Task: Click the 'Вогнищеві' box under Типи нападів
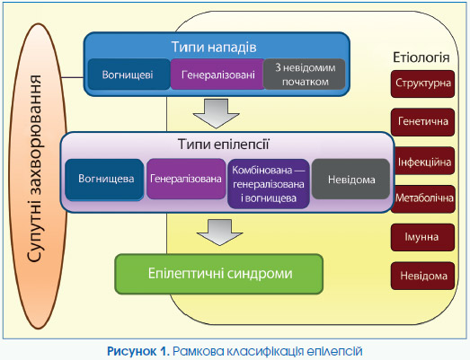[129, 75]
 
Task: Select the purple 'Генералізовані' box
[217, 75]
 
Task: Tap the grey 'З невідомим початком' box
[305, 75]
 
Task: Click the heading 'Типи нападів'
[214, 47]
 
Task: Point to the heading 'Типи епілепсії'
[224, 144]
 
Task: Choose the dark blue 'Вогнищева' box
[104, 179]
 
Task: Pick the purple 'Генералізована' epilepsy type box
[186, 179]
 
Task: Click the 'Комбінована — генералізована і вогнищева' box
[269, 184]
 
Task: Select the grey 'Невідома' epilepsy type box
[351, 179]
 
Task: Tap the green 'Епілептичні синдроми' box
[219, 274]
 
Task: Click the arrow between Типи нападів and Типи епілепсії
[216, 113]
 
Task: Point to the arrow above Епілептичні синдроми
[219, 233]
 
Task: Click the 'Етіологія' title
[421, 57]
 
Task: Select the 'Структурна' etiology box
[423, 83]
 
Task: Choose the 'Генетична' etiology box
[423, 122]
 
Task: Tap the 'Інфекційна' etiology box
[424, 161]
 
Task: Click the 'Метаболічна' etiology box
[423, 199]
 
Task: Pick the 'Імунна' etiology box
[423, 237]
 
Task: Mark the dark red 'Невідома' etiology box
[423, 276]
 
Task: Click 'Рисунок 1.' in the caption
[138, 351]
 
